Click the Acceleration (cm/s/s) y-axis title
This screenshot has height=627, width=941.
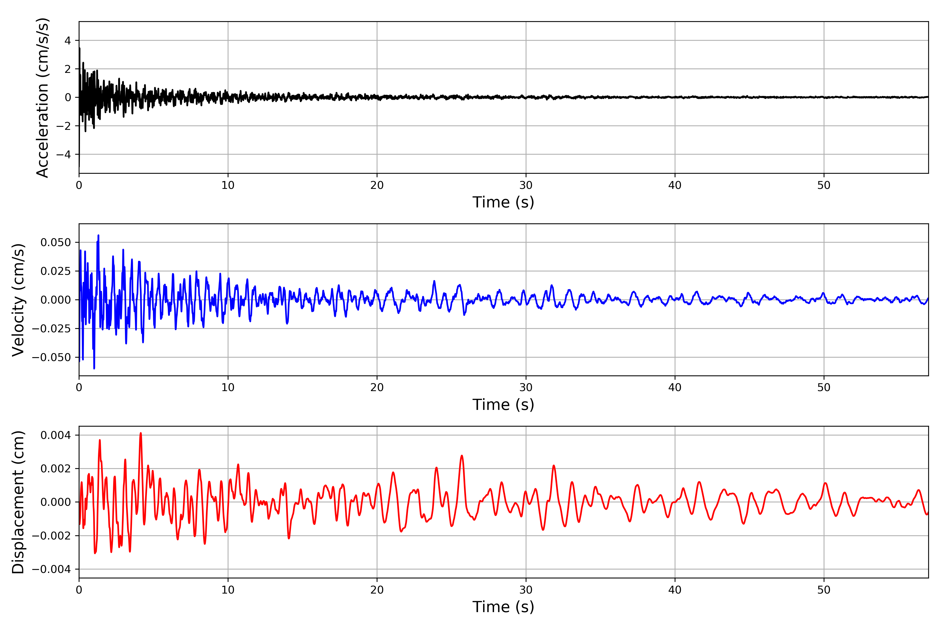42,97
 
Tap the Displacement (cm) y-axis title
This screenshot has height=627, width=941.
18,502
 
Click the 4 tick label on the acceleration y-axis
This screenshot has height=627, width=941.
68,40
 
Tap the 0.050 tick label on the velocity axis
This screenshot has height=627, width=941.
56,242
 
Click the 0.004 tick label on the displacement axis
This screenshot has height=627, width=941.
56,435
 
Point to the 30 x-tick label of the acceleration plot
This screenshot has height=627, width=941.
526,185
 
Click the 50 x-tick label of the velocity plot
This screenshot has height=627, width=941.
824,387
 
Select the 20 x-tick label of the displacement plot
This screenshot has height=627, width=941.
377,590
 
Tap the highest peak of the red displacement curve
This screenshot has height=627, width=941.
140,433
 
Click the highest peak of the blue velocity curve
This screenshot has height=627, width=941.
99,236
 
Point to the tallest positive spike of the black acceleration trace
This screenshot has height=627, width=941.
80,48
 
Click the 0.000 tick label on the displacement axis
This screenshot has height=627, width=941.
56,502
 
